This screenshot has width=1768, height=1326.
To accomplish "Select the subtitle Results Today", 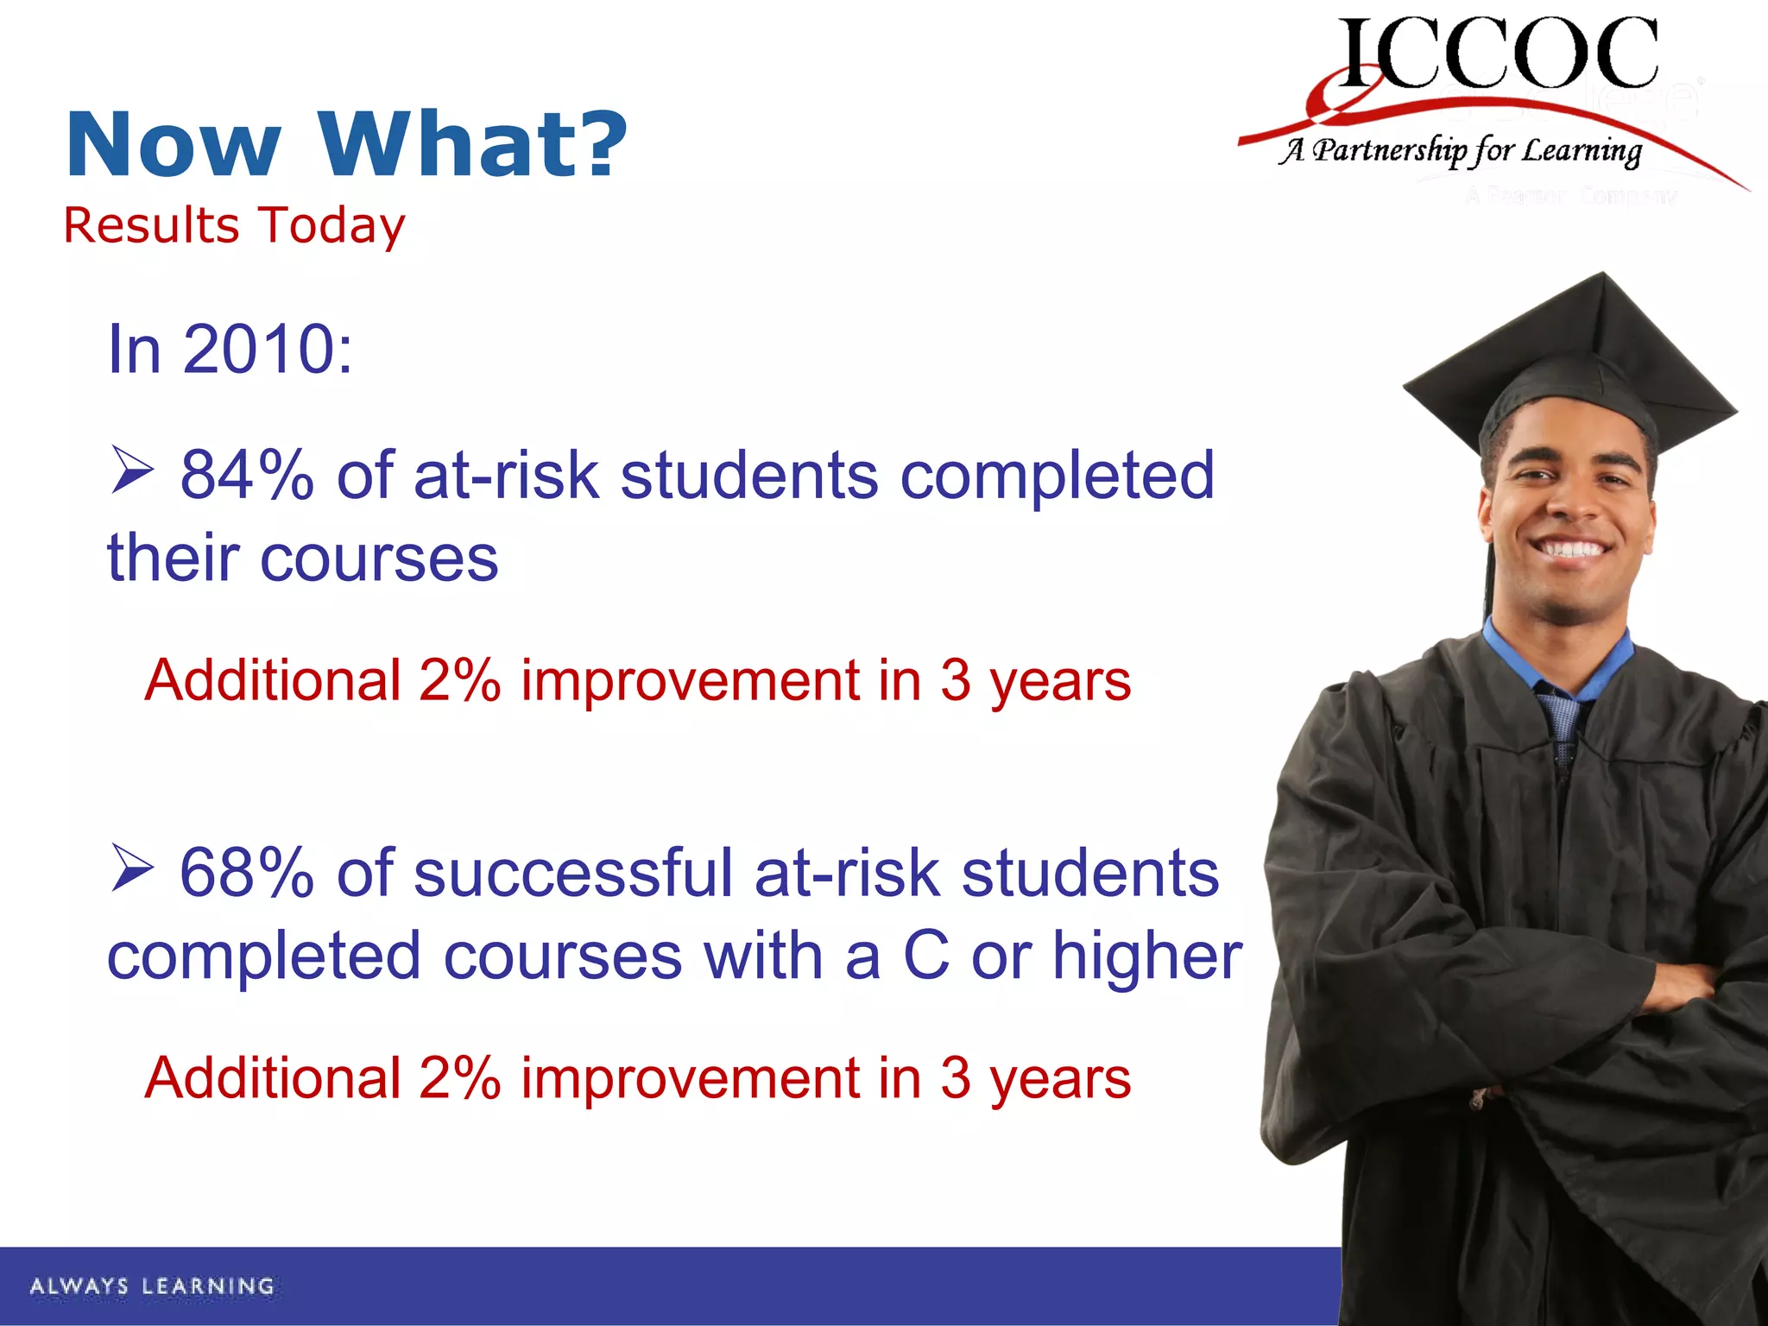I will tap(234, 226).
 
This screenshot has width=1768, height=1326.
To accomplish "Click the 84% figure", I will tap(246, 476).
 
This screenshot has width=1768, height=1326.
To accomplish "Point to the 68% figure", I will tap(246, 874).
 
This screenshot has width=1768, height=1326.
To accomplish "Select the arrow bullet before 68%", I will tap(132, 868).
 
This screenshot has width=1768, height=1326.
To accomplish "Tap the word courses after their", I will tap(379, 559).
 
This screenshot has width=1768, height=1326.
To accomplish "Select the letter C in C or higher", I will tap(926, 957).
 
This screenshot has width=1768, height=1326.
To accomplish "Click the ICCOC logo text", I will tap(1498, 54).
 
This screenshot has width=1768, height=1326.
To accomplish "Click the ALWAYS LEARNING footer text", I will tap(152, 1286).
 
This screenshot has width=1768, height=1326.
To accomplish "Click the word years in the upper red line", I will tap(1059, 682).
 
